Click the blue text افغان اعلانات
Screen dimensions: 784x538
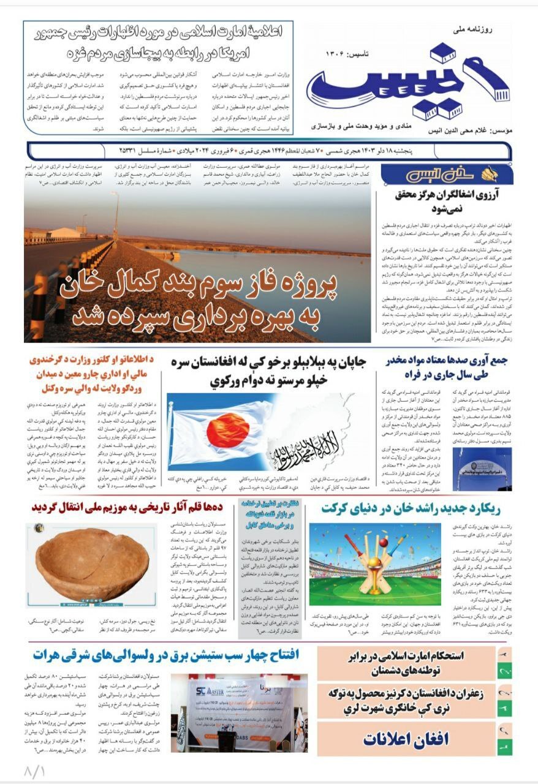(406, 739)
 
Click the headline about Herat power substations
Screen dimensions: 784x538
(166, 655)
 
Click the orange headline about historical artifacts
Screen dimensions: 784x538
(134, 508)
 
